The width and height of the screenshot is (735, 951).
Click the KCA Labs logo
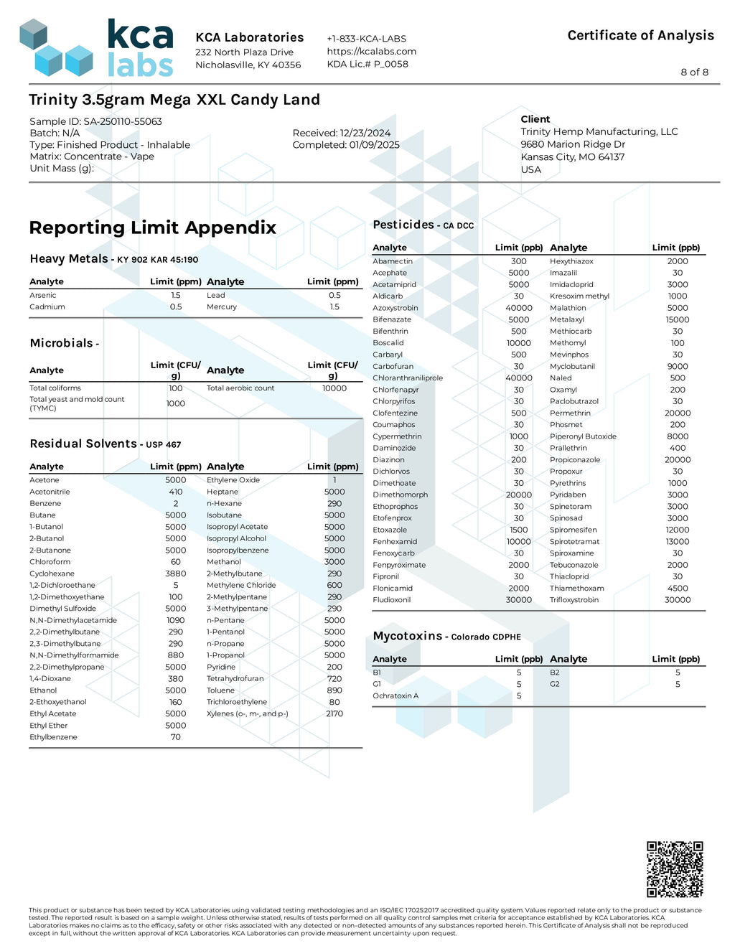coord(97,48)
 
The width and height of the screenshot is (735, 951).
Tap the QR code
coord(674,869)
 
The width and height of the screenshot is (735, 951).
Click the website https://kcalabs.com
coord(371,52)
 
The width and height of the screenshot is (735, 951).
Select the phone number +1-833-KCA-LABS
coord(366,39)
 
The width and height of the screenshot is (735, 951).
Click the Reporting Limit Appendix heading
coord(152,228)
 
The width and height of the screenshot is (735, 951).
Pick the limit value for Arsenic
coord(176,296)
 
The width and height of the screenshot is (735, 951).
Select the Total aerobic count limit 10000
coord(334,388)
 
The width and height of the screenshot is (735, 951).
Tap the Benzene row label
coord(45,504)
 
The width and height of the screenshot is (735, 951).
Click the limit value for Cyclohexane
coord(176,574)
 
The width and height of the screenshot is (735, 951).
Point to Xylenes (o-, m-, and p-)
coord(248,714)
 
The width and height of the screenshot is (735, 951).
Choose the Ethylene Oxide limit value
coord(334,480)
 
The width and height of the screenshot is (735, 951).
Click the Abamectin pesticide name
coord(393,261)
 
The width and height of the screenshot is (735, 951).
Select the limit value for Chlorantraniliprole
coord(519,378)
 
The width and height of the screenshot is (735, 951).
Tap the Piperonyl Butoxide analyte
coord(583,436)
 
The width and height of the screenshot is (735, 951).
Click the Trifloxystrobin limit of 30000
coord(678,600)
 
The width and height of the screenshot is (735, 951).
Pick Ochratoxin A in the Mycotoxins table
coord(395,696)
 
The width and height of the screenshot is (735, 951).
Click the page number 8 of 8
coord(694,72)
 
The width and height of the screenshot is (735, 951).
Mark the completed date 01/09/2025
coord(374,145)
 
